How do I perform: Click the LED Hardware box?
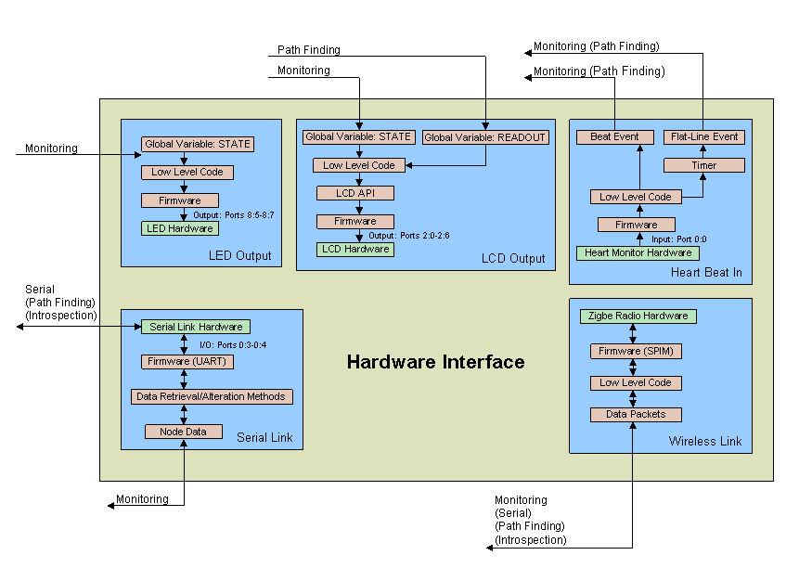click(x=178, y=228)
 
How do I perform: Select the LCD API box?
click(x=355, y=193)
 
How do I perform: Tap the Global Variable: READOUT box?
click(x=485, y=137)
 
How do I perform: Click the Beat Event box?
click(x=614, y=137)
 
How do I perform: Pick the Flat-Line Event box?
click(x=703, y=137)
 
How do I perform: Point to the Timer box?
click(x=703, y=165)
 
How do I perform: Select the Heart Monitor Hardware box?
click(x=638, y=252)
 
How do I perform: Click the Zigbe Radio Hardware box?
click(x=638, y=316)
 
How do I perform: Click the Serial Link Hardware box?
click(x=195, y=327)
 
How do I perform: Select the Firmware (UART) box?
click(x=187, y=361)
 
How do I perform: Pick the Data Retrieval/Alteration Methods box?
click(x=212, y=396)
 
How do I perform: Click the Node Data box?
click(x=183, y=432)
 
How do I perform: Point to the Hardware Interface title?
click(x=435, y=362)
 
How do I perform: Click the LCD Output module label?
click(x=513, y=258)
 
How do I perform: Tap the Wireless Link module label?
click(x=705, y=441)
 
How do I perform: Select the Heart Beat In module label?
click(x=706, y=273)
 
